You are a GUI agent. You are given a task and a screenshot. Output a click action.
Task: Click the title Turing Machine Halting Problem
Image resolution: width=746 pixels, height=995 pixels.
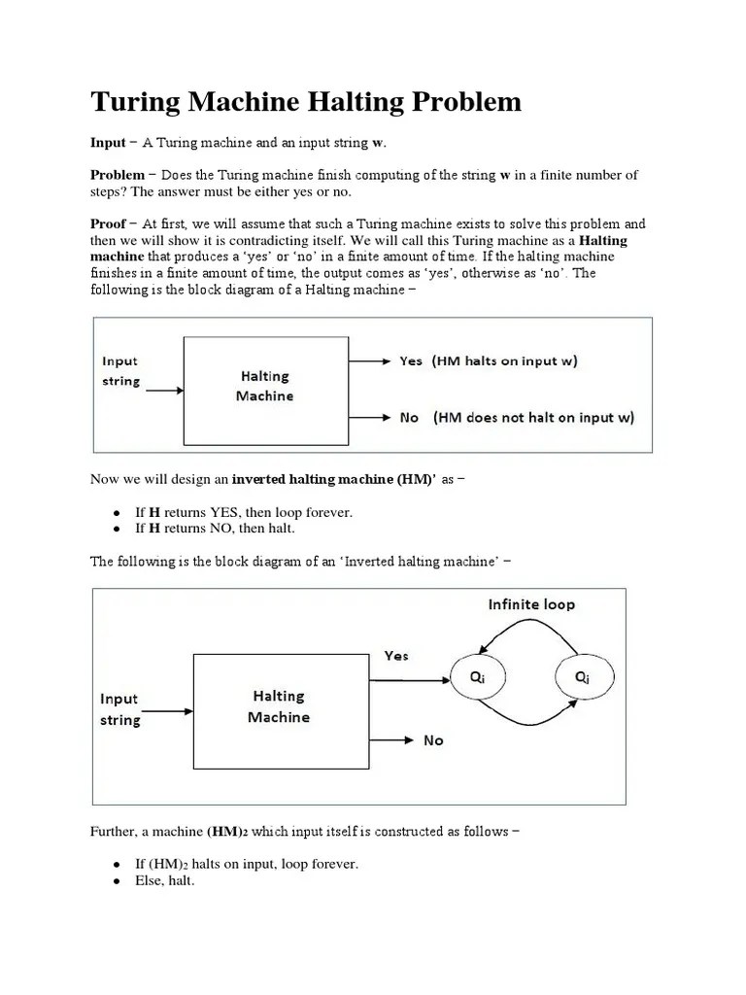pos(306,102)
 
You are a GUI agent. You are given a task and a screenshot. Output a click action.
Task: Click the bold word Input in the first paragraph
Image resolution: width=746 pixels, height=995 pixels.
pos(108,143)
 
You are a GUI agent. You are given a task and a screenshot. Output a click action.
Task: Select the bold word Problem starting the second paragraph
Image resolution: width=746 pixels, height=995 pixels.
pos(118,175)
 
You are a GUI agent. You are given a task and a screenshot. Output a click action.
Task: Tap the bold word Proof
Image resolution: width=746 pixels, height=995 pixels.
pos(108,223)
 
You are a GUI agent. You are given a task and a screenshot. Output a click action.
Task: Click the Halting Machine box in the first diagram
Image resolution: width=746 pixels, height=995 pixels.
pos(265,386)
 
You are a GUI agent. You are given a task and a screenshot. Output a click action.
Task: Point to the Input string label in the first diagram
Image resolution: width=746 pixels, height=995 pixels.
pos(121,371)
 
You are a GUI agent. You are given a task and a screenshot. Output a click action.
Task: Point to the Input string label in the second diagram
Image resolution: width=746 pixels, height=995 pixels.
pos(119,709)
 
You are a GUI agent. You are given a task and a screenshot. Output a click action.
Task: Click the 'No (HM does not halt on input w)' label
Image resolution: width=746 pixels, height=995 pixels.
pos(517,418)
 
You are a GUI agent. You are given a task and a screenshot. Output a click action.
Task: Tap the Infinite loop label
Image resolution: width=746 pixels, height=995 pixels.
pos(531,604)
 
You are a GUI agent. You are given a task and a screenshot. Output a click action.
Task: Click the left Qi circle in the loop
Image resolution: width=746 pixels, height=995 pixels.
pos(478,679)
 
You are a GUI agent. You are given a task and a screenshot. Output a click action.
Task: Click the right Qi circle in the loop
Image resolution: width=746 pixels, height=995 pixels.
pos(581,679)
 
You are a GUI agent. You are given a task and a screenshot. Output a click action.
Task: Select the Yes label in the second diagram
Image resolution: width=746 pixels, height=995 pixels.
pos(396,656)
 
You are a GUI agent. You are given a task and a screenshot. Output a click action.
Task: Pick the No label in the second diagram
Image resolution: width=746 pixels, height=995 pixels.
pos(433,740)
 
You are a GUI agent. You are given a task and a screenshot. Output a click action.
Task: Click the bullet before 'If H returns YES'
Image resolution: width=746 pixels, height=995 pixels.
pos(117,512)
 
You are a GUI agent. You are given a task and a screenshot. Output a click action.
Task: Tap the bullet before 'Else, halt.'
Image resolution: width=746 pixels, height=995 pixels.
pos(117,881)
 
